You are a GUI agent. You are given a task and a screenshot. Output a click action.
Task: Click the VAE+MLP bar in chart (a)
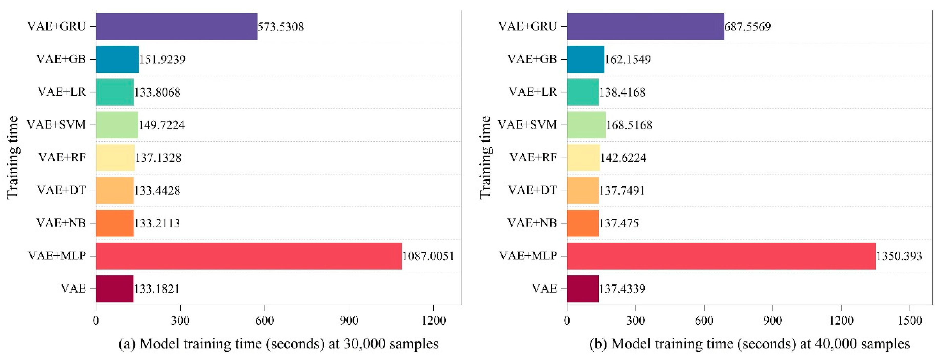pos(249,256)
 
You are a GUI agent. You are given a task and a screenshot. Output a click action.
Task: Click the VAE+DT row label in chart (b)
pos(533,190)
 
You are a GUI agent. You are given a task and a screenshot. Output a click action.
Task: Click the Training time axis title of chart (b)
pos(485,157)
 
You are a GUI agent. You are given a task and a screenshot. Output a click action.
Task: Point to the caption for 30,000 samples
pos(278,344)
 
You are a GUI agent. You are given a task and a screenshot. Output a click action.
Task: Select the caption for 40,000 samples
pos(749,344)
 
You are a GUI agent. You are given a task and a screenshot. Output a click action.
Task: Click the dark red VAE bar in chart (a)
pos(115,289)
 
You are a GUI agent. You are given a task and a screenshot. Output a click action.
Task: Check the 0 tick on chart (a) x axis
pos(96,320)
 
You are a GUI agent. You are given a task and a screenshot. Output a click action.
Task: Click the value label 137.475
pos(619,223)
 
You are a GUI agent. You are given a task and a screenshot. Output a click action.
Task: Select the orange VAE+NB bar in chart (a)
pos(115,223)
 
